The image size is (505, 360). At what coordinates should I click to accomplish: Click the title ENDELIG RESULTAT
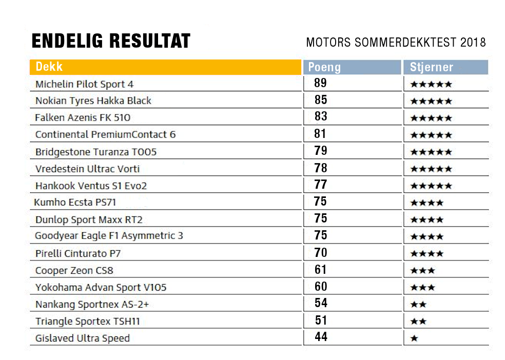(111, 41)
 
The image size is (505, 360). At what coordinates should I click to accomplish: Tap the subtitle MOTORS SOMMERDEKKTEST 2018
(396, 43)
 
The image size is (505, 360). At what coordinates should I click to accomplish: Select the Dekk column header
(49, 67)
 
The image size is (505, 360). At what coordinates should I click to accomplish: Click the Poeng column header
(324, 67)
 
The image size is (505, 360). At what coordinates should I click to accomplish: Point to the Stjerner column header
(431, 67)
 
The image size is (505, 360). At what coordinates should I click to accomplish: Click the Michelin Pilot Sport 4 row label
(84, 84)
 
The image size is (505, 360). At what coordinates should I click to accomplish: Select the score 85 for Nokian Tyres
(321, 99)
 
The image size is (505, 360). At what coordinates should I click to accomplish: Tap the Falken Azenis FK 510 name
(83, 117)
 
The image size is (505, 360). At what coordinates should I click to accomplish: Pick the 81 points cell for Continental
(321, 134)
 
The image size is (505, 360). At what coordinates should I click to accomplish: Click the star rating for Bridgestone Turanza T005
(431, 152)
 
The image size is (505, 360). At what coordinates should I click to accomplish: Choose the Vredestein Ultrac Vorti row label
(87, 169)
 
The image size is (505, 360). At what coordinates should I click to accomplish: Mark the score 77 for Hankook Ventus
(321, 185)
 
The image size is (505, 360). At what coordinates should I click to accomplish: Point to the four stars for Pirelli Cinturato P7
(427, 253)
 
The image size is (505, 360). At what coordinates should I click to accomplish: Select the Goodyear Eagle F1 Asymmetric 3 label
(109, 236)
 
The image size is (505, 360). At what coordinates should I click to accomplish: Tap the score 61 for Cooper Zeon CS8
(321, 270)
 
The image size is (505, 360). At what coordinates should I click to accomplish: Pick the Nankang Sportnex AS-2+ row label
(92, 305)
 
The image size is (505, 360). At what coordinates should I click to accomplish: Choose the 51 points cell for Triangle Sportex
(321, 321)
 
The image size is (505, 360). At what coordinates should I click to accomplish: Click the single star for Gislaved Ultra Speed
(414, 338)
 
